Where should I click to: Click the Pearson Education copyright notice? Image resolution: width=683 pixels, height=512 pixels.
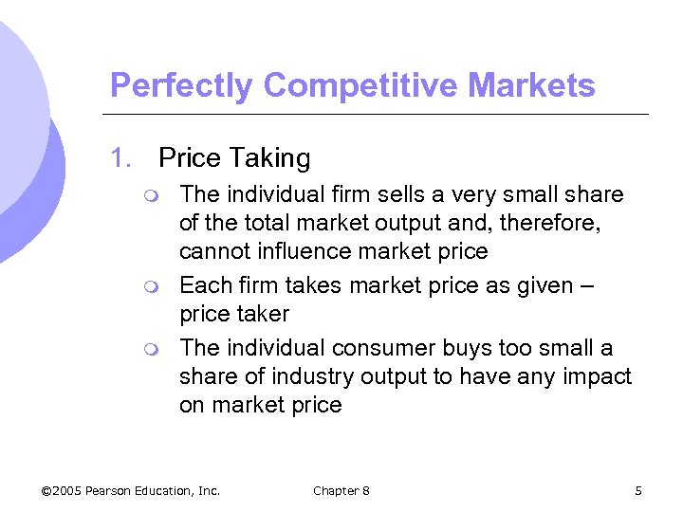[131, 490]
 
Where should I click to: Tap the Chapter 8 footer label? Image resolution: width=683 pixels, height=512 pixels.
[341, 490]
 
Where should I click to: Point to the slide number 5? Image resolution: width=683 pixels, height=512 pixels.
[638, 490]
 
